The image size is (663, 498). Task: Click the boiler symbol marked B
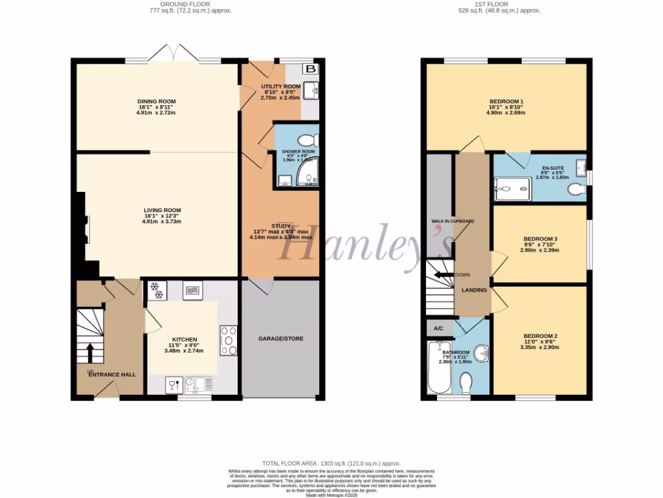(x=311, y=69)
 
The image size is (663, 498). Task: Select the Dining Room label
(x=156, y=101)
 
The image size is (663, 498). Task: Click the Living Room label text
(x=162, y=210)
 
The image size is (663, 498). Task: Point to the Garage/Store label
(x=280, y=338)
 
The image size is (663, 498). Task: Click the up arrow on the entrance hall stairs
(x=89, y=353)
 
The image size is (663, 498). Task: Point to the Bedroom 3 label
(x=540, y=239)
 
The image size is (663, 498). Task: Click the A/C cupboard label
(x=438, y=329)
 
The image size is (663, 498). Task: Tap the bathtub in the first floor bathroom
(x=439, y=368)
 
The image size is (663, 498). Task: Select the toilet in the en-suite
(x=576, y=189)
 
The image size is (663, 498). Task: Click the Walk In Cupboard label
(x=453, y=221)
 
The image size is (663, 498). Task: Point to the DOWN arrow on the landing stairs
(x=444, y=275)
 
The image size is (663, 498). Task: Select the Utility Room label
(x=280, y=86)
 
